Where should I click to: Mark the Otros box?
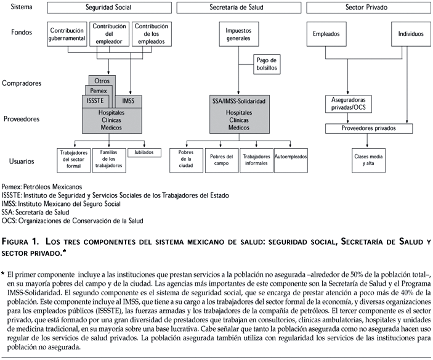102,80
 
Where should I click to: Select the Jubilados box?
145,152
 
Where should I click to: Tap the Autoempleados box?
291,157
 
